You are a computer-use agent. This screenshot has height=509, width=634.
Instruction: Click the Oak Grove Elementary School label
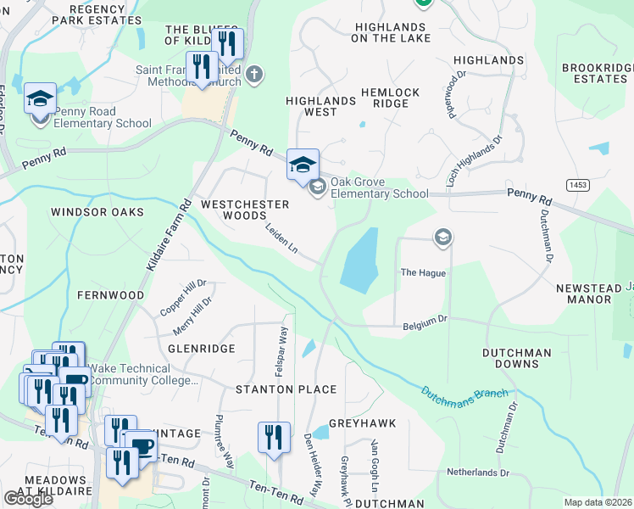tap(379, 187)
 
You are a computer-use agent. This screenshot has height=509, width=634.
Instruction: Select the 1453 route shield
tap(579, 184)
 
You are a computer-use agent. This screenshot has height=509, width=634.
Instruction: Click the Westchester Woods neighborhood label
tap(244, 210)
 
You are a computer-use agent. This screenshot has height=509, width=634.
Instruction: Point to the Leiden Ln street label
tap(281, 239)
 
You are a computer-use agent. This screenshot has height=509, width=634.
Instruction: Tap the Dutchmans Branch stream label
tap(465, 394)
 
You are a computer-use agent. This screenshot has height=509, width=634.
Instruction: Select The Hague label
tap(422, 273)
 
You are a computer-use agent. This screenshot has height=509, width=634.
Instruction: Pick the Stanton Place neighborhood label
tap(286, 389)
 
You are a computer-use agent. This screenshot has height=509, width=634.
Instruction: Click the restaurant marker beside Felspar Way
tap(274, 438)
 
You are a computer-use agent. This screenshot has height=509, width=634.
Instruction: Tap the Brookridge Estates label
tap(594, 73)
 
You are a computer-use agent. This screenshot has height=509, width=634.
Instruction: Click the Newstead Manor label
tap(588, 294)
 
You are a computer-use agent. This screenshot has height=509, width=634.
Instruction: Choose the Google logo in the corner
tap(28, 499)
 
